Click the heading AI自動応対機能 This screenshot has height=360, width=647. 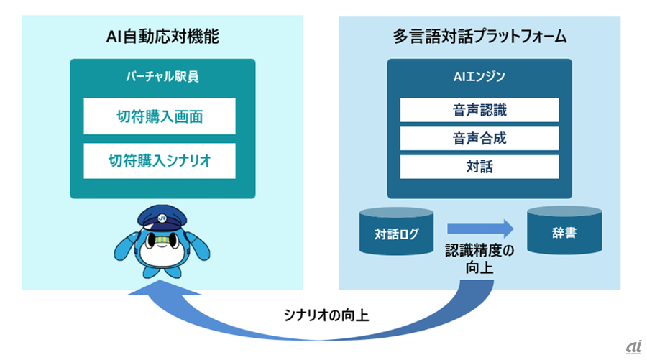162,37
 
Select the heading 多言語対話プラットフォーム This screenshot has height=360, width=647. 479,37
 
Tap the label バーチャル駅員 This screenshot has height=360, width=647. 162,77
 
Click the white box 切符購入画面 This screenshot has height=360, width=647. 160,116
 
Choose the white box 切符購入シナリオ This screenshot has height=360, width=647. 160,161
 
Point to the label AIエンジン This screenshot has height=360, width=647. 479,77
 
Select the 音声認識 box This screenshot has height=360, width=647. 479,110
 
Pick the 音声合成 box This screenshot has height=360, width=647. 479,139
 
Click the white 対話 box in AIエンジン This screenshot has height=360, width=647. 479,167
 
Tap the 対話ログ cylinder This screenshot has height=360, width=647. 397,231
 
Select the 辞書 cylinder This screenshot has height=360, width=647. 564,231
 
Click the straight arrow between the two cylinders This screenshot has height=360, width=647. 481,229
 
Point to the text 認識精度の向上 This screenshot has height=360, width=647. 479,259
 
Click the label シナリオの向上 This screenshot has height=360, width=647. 326,315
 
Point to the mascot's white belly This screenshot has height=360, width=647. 161,256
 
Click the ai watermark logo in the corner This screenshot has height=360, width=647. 634,347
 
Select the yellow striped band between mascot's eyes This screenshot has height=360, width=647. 162,239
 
